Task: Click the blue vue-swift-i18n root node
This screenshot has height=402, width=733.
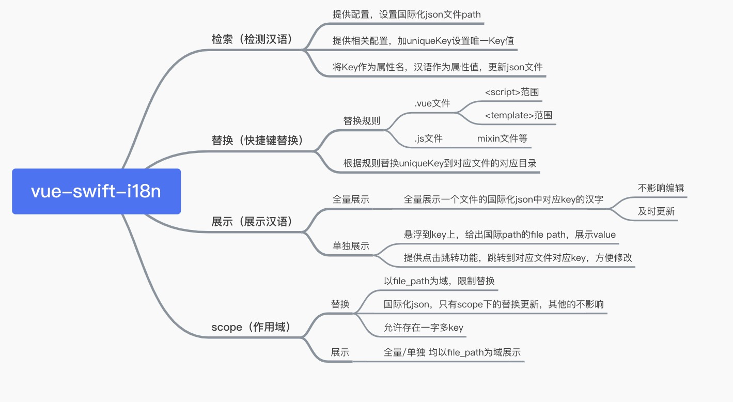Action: [96, 191]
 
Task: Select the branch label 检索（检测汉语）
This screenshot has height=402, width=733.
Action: [252, 39]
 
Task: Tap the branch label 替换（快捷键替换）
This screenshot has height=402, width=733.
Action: [257, 140]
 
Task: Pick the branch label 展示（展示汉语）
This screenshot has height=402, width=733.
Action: [252, 222]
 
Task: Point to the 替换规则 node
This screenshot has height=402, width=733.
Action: [362, 121]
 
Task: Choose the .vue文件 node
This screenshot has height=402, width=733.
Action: [432, 103]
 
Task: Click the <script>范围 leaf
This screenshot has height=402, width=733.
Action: [512, 92]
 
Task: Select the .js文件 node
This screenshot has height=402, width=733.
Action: [428, 138]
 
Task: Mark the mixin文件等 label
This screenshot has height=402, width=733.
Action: [502, 138]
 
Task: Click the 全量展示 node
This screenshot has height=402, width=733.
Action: [351, 199]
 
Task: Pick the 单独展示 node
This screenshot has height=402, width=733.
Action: [351, 246]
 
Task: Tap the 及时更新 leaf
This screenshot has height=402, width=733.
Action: [656, 211]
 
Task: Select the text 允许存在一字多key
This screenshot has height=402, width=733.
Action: [423, 327]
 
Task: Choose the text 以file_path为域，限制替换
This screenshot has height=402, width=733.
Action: [439, 281]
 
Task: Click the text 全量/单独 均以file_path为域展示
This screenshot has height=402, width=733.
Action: [452, 352]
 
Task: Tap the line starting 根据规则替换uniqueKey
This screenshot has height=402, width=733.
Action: [440, 163]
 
